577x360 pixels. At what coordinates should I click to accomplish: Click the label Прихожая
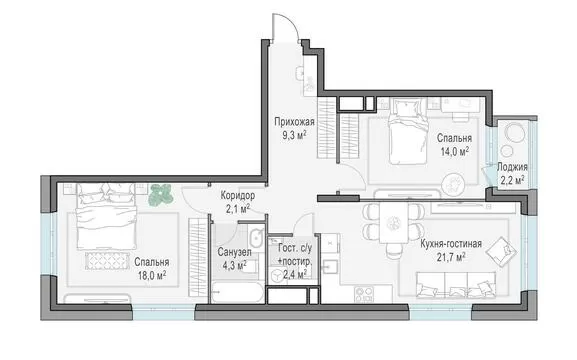coord(294,122)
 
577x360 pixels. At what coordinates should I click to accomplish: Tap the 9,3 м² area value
coord(294,135)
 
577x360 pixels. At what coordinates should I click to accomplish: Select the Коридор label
coord(238,195)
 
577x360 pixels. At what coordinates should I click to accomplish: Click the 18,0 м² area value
coord(152,275)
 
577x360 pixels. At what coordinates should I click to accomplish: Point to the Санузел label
coord(234,252)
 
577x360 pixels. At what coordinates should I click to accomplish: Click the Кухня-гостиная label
coord(451,244)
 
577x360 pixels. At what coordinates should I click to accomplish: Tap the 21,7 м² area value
coord(451,257)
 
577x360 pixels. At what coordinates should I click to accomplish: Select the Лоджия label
coord(512,167)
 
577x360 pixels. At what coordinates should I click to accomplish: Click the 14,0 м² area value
coord(454,151)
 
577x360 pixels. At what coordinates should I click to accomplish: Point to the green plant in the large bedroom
coord(161,194)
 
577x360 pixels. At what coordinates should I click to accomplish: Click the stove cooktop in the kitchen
coord(364,294)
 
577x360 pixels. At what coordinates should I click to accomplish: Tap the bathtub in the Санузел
coord(237,292)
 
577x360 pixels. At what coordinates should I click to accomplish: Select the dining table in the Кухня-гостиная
coord(394,223)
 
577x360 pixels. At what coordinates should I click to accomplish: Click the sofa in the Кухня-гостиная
coord(456,285)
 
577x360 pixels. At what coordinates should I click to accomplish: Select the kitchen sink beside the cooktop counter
coord(330,266)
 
